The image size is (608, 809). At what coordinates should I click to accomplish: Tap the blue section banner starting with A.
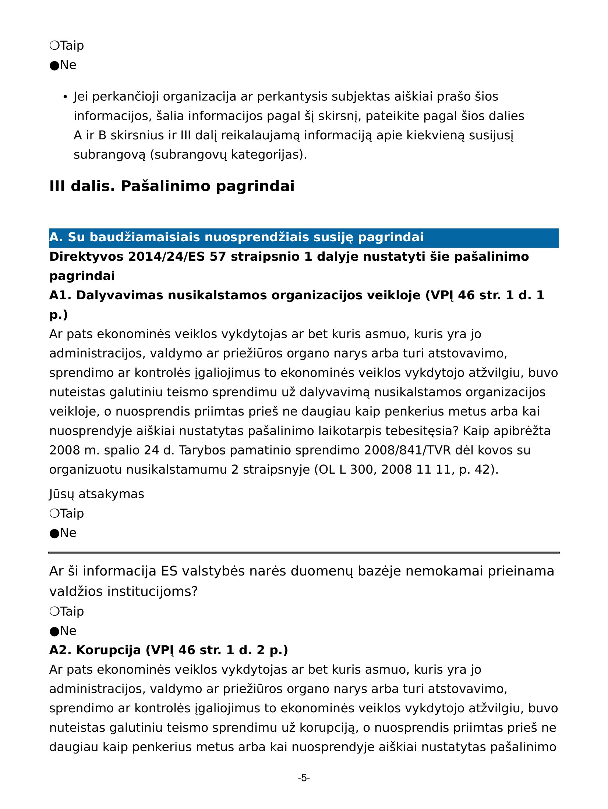304,238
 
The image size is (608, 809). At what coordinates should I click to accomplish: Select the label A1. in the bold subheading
60,295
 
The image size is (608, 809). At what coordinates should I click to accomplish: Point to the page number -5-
304,778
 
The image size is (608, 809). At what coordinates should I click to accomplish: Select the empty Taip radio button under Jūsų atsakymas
54,514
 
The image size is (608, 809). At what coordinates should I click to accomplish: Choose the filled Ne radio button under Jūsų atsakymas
54,533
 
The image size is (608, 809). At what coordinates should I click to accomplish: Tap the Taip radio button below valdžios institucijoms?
54,612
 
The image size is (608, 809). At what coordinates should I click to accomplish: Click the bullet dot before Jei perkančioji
65,97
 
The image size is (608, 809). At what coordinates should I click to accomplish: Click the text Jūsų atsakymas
96,494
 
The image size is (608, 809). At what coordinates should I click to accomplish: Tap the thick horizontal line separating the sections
304,553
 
